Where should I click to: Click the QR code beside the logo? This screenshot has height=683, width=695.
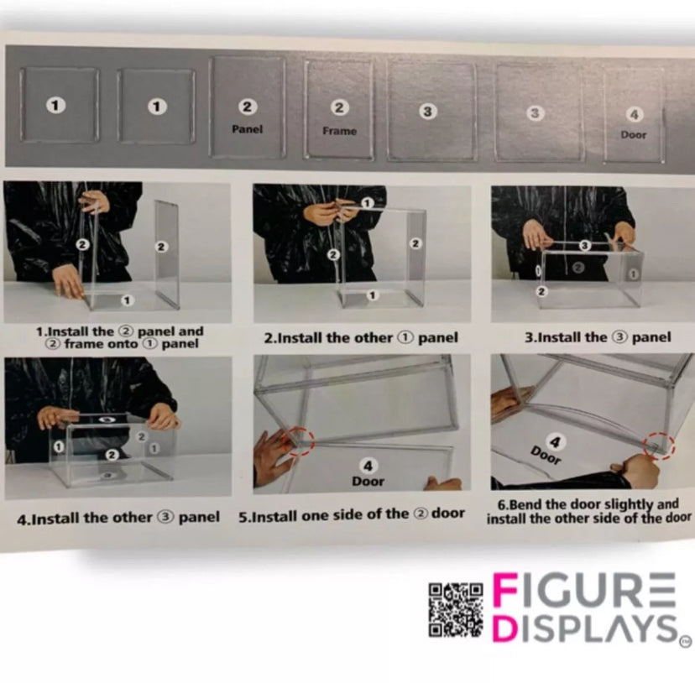(456, 610)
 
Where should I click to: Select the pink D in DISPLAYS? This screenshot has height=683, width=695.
(505, 626)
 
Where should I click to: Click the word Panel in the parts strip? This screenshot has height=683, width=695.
(248, 129)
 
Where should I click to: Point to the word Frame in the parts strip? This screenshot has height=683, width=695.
(339, 131)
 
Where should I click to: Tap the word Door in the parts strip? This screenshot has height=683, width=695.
(634, 135)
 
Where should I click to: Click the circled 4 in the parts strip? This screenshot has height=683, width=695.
(635, 115)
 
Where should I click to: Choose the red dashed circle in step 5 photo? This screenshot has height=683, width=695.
(298, 441)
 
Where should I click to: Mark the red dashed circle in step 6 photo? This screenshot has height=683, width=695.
(660, 446)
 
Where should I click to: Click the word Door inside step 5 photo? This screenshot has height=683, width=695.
(368, 482)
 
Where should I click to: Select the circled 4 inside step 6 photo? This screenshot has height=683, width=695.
(556, 442)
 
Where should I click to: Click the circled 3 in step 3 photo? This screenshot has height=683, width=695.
(585, 245)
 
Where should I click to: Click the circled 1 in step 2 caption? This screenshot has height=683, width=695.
(405, 338)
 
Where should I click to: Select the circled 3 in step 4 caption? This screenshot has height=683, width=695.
(165, 517)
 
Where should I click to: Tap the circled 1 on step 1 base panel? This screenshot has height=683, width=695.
(128, 300)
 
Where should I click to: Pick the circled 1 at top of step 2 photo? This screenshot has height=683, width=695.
(367, 203)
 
